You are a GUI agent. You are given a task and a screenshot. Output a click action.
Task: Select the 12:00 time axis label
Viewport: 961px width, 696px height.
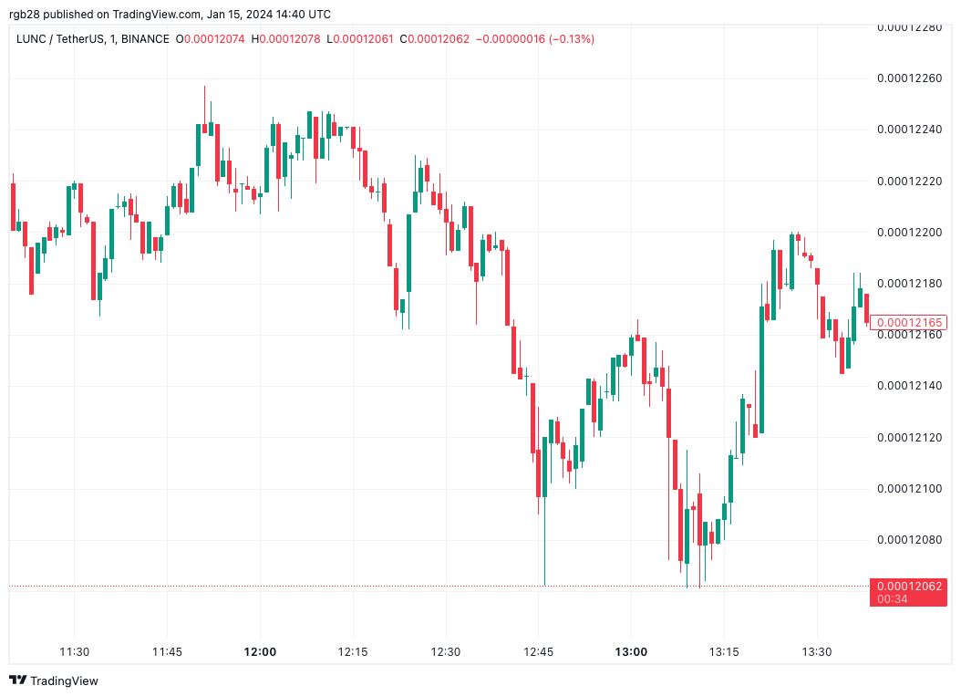pos(260,652)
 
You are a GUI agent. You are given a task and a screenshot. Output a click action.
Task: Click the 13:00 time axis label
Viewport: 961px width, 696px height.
pos(631,652)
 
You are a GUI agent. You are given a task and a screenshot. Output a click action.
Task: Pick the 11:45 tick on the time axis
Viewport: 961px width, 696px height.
pos(167,652)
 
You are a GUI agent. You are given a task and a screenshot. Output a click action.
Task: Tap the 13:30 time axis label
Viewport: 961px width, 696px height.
pos(816,652)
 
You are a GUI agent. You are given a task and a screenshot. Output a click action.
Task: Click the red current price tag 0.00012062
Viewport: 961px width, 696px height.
pos(907,586)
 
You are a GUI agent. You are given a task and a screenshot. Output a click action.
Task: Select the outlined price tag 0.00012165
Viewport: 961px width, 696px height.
pos(908,322)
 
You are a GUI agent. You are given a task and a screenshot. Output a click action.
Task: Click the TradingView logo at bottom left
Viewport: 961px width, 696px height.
pos(54,680)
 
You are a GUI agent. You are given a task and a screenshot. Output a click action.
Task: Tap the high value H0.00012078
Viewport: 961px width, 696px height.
pos(286,39)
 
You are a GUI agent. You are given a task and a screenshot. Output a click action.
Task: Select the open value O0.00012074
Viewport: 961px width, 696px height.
pos(211,39)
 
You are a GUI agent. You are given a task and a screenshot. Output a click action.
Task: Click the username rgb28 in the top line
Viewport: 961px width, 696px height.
pos(26,14)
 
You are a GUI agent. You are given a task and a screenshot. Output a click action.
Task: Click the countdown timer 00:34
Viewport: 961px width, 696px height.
pos(890,599)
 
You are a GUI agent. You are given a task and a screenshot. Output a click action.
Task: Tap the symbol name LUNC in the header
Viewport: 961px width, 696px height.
pos(34,39)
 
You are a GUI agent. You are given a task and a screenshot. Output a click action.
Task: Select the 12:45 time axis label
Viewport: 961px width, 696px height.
pos(538,652)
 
